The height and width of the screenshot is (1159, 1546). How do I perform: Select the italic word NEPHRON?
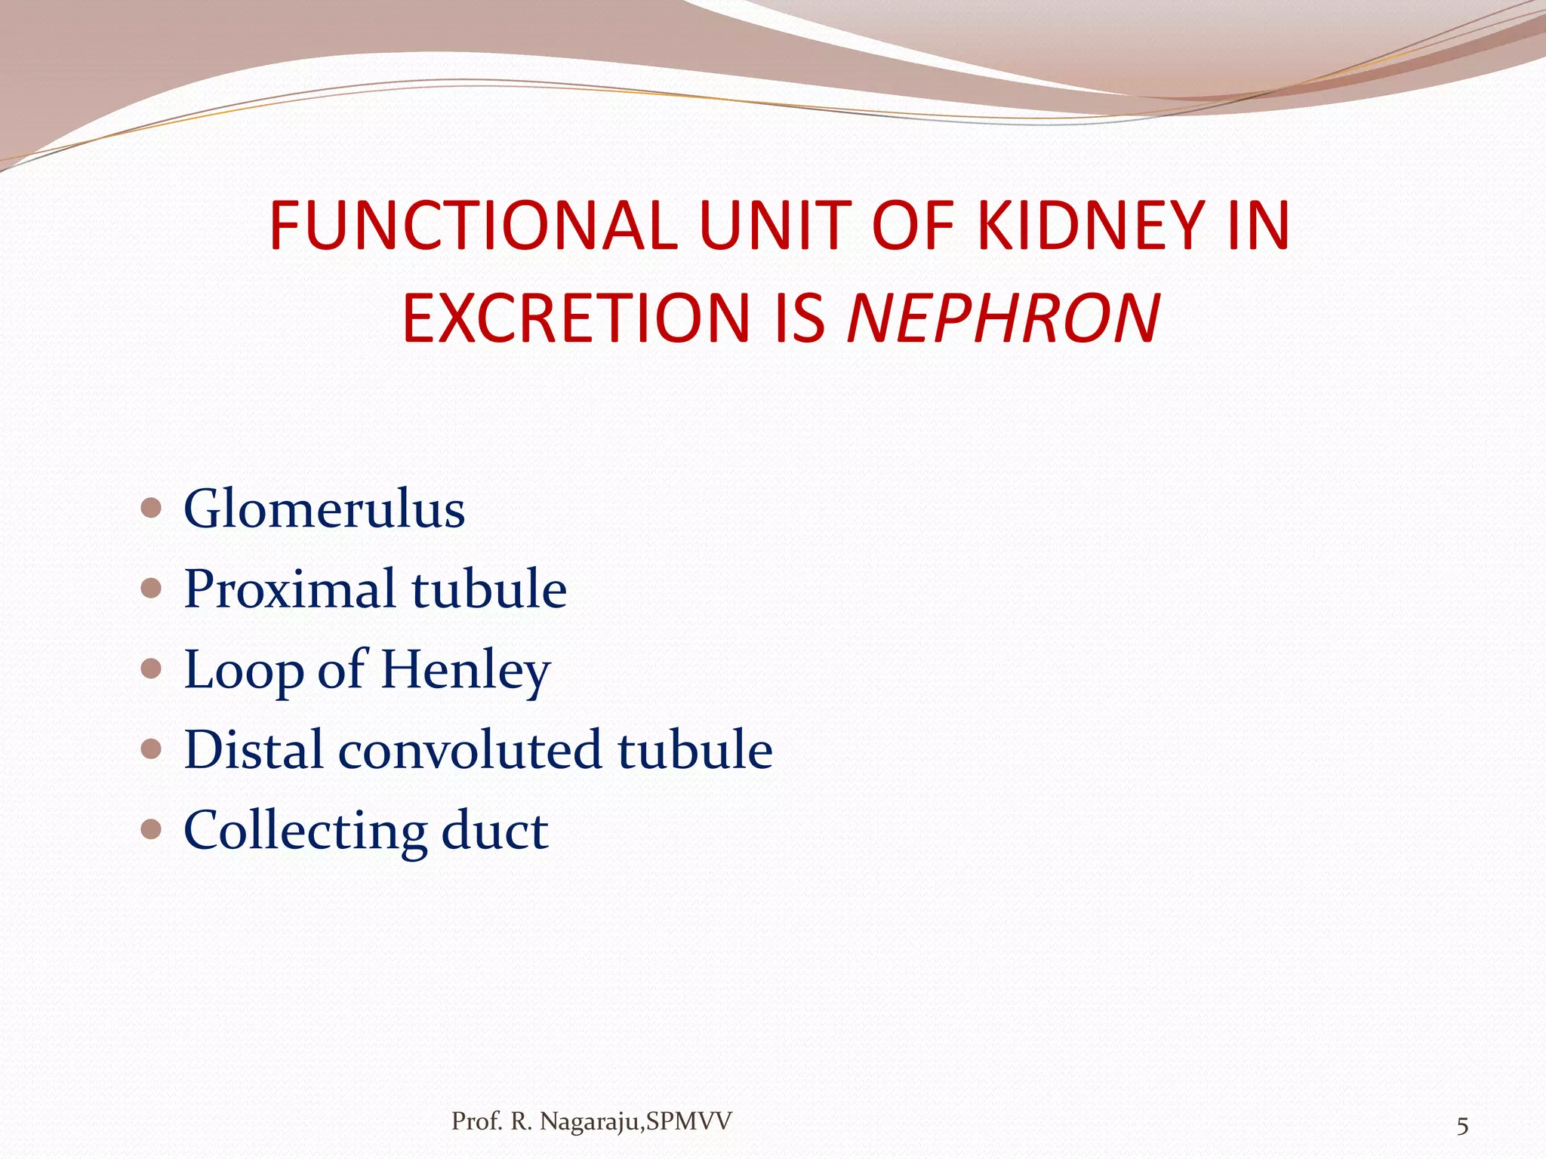click(1003, 318)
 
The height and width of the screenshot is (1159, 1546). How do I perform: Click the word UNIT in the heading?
click(775, 226)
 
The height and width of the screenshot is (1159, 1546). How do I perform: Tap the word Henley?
click(465, 670)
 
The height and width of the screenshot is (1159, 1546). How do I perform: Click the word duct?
click(494, 831)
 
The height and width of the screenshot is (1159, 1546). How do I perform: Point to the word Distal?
click(253, 750)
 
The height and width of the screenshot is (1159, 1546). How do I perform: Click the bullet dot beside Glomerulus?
click(152, 508)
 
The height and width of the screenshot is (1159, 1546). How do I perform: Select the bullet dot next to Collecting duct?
click(152, 829)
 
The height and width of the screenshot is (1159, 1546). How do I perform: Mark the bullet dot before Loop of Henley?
click(152, 669)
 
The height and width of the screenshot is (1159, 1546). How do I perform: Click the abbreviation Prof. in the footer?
click(477, 1122)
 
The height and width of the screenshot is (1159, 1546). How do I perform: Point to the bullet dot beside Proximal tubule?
click(152, 588)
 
